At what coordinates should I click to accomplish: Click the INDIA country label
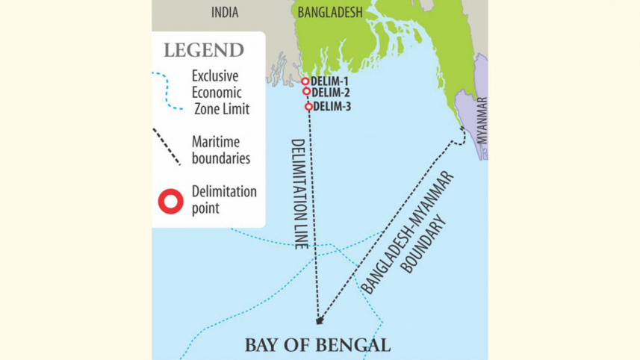click(x=225, y=12)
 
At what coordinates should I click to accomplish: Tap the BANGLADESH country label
click(x=329, y=12)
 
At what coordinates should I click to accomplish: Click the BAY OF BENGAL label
click(x=317, y=345)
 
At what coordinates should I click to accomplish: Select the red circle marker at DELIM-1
click(x=305, y=81)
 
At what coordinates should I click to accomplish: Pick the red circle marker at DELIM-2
click(x=306, y=92)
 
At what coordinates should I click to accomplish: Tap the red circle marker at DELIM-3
click(x=308, y=107)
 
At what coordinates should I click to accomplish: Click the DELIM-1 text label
click(x=329, y=81)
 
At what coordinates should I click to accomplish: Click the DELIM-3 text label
click(x=332, y=107)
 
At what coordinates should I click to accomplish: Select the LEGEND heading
click(x=203, y=51)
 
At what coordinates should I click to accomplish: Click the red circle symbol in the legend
click(x=170, y=200)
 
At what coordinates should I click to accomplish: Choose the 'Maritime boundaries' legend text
click(x=220, y=149)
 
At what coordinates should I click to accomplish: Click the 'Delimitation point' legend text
click(x=223, y=200)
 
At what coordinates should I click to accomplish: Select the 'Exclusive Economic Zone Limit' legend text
click(x=220, y=93)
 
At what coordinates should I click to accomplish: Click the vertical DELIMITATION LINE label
click(x=296, y=194)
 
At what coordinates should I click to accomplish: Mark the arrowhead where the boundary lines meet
click(x=320, y=321)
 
